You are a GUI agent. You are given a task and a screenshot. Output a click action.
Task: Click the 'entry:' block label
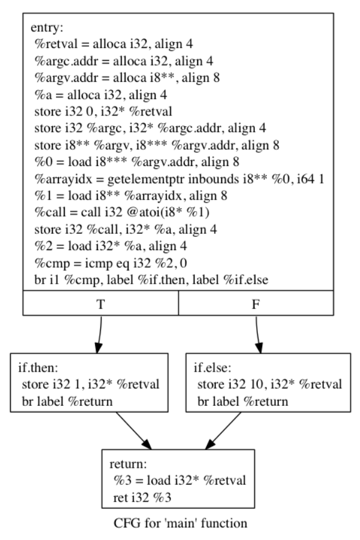pos(47,28)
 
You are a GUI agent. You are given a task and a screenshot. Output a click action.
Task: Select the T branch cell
pos(100,302)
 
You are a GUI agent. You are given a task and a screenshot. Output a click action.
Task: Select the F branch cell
pos(255,302)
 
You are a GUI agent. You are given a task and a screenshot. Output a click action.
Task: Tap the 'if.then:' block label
pos(38,368)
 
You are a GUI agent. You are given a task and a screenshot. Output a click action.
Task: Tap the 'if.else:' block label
pos(212,368)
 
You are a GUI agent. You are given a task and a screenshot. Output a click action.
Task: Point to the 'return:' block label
pos(128,464)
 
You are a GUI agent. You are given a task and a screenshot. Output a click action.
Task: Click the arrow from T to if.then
pos(99,334)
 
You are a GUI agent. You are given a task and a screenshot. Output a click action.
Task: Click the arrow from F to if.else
pos(258,334)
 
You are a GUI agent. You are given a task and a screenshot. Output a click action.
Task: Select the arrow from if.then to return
pos(133,431)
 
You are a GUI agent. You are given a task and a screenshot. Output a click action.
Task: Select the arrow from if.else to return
pos(223,431)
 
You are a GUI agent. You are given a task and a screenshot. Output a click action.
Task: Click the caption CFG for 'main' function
pos(180,524)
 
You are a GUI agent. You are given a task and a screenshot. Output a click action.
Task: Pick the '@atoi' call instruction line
pos(122,212)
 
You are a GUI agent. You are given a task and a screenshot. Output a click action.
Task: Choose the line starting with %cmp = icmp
pos(111,263)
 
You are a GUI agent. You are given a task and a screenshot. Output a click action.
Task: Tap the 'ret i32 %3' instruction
pos(142,498)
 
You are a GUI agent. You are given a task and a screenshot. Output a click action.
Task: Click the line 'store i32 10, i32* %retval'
pos(269,384)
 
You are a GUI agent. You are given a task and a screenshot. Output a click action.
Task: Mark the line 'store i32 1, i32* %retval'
pos(91,384)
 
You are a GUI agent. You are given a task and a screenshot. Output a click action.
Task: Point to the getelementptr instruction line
pos(179,179)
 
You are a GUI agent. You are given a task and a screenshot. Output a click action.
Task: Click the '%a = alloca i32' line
pos(100,94)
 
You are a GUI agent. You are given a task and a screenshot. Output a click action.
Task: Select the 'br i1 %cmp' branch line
pos(151,280)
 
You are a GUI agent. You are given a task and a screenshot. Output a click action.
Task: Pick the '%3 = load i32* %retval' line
pos(180,480)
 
